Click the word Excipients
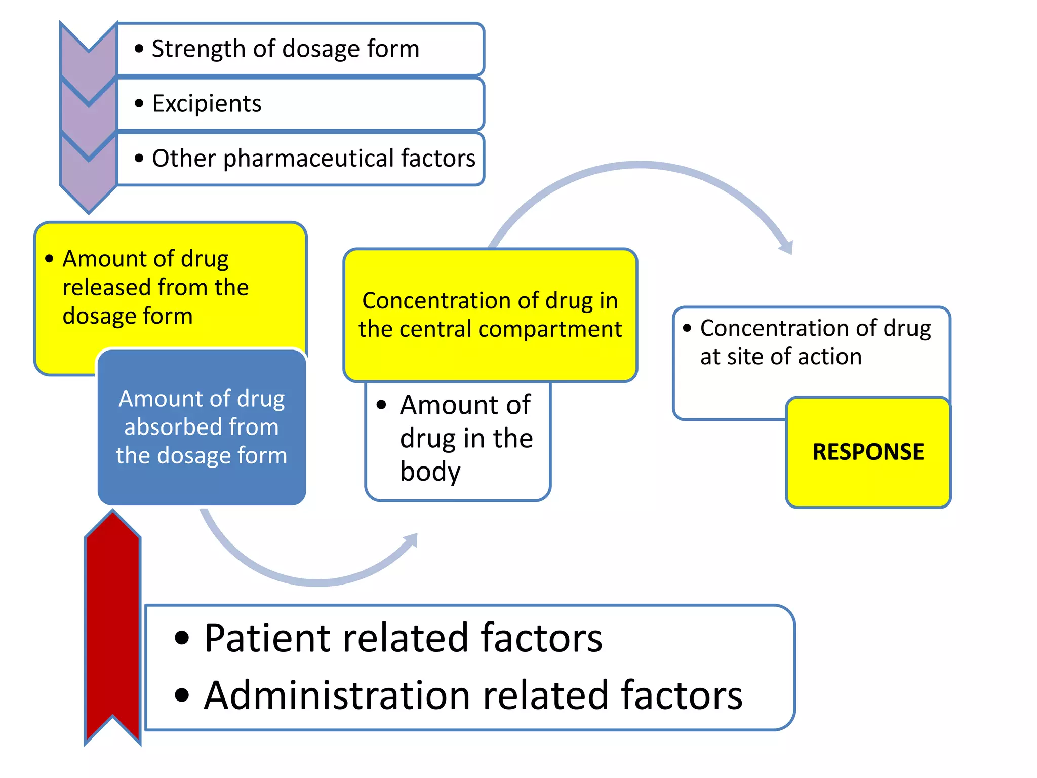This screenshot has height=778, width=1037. pyautogui.click(x=207, y=104)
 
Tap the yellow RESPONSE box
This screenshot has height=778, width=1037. pyautogui.click(x=868, y=452)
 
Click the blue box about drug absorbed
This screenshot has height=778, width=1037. pyautogui.click(x=202, y=426)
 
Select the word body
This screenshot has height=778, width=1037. pyautogui.click(x=430, y=472)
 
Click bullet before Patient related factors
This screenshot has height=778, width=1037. pyautogui.click(x=182, y=638)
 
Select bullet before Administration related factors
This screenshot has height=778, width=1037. pyautogui.click(x=182, y=695)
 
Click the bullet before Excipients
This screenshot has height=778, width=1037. pyautogui.click(x=139, y=104)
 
